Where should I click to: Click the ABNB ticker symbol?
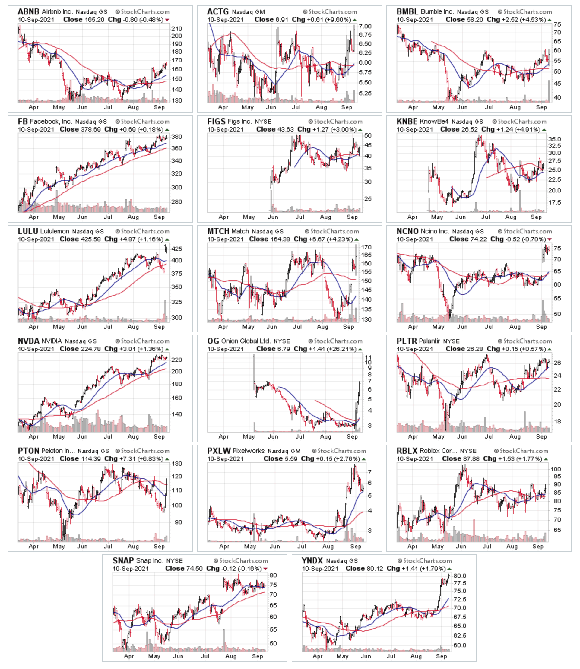coord(28,12)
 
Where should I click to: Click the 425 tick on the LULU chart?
coord(177,249)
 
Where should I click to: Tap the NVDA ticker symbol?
coord(28,341)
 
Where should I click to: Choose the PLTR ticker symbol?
coord(407,341)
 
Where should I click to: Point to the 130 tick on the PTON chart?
coord(177,464)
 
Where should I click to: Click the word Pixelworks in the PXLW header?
coord(249,451)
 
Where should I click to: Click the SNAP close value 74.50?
coord(194,569)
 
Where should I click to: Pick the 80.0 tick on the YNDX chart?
coord(460,576)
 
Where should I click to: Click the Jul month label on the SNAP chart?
coord(205,656)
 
